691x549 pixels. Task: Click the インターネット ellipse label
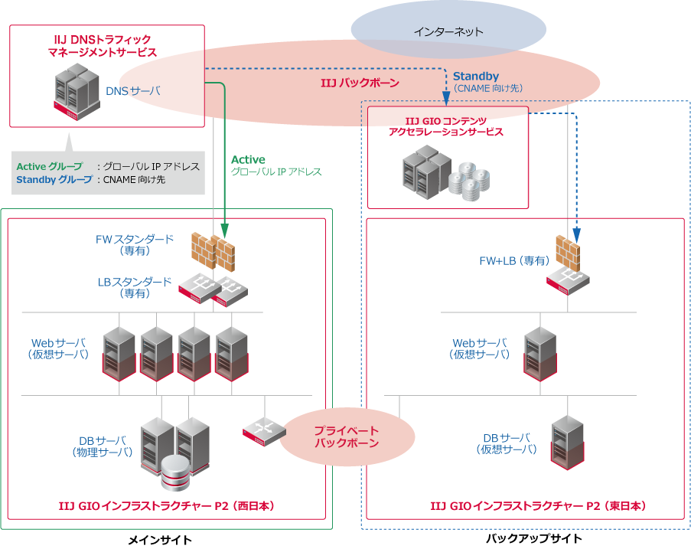(448, 32)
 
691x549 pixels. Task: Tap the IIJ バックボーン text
(359, 81)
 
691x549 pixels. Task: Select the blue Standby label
(476, 77)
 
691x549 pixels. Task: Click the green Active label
(248, 159)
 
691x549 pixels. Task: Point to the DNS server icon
(77, 91)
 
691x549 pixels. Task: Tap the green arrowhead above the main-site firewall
(225, 229)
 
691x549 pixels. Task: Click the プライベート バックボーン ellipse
(347, 437)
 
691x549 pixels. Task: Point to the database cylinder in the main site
(175, 472)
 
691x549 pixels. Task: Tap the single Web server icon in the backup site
(539, 355)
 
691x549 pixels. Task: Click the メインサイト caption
(160, 540)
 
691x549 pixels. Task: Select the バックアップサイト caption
(533, 538)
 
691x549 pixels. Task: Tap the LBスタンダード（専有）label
(135, 287)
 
